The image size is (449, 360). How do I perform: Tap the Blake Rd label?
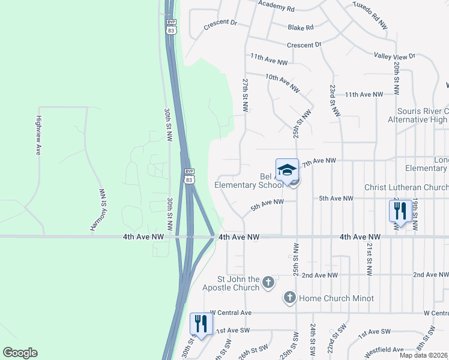click(x=301, y=28)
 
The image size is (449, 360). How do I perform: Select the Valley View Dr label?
click(x=394, y=56)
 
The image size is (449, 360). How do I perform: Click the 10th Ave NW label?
click(x=282, y=82)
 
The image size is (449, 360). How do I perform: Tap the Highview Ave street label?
click(x=38, y=135)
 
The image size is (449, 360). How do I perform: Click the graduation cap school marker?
click(x=287, y=170)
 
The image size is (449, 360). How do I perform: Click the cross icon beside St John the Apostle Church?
click(x=268, y=281)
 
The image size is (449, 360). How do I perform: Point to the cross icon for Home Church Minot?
click(x=289, y=298)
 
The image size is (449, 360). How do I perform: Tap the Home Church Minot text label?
click(x=336, y=298)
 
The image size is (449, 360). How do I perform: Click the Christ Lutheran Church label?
click(x=406, y=188)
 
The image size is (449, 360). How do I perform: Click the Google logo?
click(x=20, y=353)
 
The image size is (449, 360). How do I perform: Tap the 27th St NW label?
click(x=245, y=94)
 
